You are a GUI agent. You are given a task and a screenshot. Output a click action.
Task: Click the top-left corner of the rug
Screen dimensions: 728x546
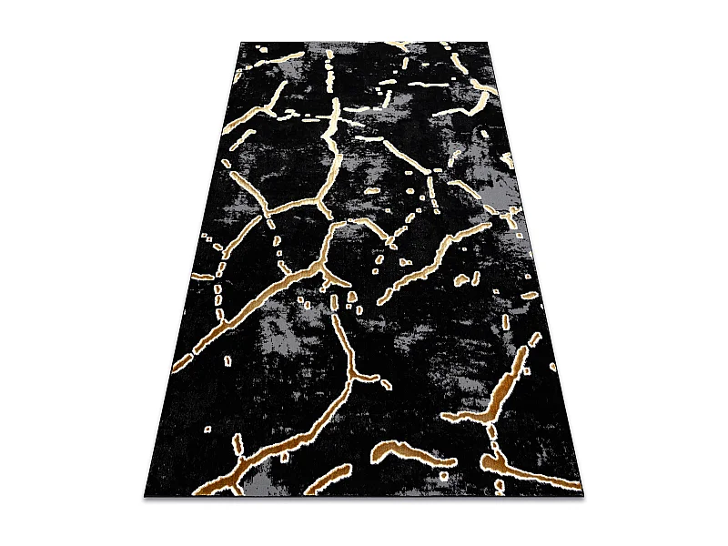pos(243,42)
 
